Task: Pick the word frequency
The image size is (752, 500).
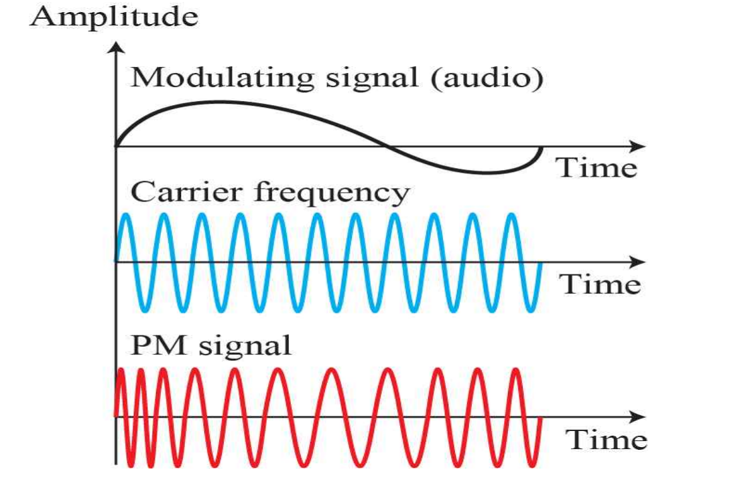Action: tap(331, 194)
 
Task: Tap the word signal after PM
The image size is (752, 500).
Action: tap(244, 347)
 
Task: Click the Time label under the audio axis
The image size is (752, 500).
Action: tap(597, 167)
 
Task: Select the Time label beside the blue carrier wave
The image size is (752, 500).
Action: tap(601, 284)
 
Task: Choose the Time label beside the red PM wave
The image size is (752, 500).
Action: tap(607, 440)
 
